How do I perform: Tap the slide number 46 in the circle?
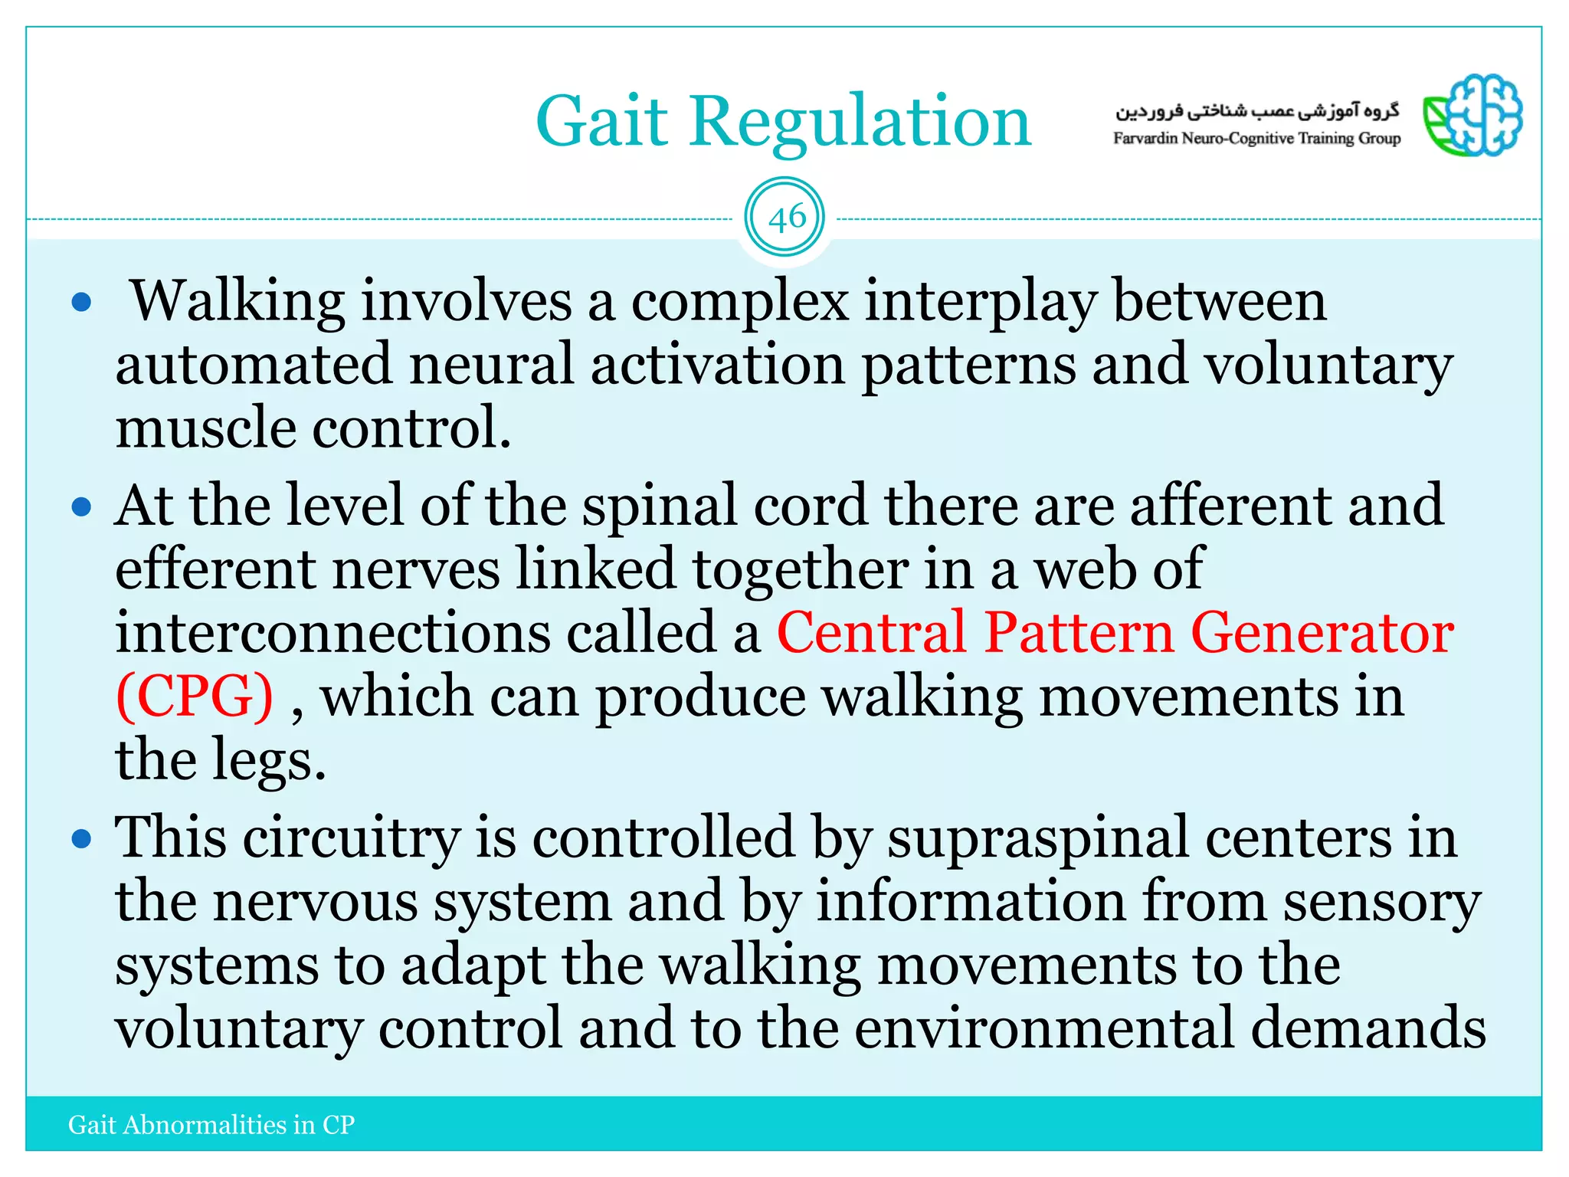pos(785,218)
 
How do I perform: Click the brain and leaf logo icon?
pos(1472,116)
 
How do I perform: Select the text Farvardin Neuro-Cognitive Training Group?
pos(1256,139)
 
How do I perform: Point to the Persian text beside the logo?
pos(1256,111)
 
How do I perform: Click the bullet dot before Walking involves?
pos(81,302)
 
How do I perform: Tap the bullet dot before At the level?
pos(81,507)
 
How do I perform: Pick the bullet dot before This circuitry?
pos(81,839)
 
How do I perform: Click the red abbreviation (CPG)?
pos(195,696)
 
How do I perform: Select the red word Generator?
pos(1322,633)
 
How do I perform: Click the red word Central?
pos(871,633)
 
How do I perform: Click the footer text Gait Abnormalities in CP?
pos(211,1124)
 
